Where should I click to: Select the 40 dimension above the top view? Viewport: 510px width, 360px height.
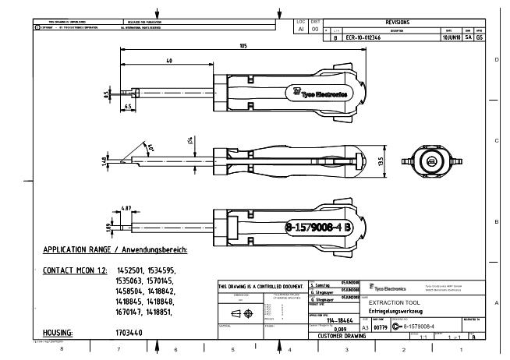169,61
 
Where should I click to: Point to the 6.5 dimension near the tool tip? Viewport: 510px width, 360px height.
128,104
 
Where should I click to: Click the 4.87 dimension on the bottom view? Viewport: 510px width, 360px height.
126,209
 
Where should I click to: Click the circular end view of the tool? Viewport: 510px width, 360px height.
428,161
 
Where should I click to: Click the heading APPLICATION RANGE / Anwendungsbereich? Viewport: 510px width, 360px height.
115,251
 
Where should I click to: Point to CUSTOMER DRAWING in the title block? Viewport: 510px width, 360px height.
335,336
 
